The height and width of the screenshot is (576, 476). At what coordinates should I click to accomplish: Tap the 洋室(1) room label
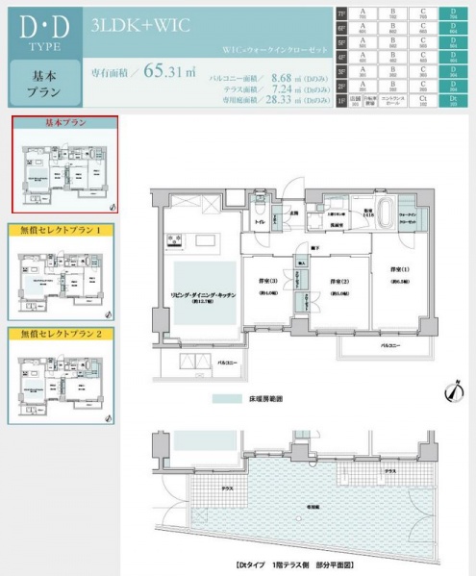pyautogui.click(x=399, y=269)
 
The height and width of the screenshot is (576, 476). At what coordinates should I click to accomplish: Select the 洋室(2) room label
pyautogui.click(x=338, y=282)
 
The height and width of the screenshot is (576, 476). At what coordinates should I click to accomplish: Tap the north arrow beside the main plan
pyautogui.click(x=450, y=392)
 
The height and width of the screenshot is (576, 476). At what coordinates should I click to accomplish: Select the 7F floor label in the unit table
pyautogui.click(x=342, y=13)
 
